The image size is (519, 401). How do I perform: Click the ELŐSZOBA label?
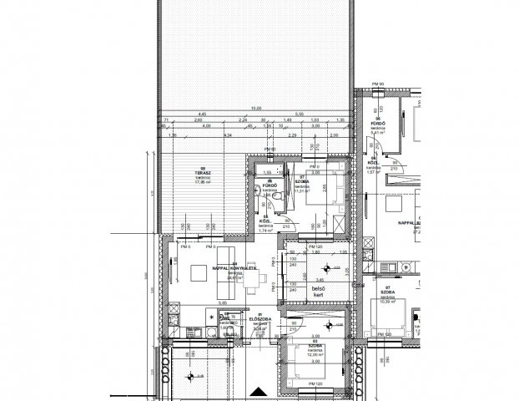tap(259, 320)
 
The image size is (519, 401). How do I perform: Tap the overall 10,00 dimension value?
tap(256, 107)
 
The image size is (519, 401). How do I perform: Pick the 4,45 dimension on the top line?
tap(202, 114)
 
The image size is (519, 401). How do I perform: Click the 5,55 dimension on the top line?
tap(300, 114)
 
